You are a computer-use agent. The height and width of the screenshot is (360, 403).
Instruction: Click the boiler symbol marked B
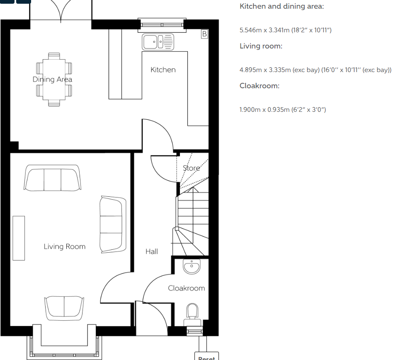click(204, 34)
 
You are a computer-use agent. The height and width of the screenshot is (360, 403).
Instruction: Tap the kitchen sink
click(158, 42)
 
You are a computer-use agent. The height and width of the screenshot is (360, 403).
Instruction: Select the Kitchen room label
click(163, 70)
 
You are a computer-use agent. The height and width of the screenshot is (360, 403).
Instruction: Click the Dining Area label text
click(52, 80)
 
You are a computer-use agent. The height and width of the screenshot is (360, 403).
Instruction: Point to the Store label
click(192, 168)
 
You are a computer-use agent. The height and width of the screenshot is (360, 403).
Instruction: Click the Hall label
click(152, 251)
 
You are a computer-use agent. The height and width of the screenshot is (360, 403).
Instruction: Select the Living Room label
click(65, 246)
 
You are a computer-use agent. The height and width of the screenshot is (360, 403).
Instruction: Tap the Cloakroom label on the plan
click(186, 288)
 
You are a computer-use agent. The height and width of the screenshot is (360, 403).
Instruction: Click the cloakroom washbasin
click(192, 266)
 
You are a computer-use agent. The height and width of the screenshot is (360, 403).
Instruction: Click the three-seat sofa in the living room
click(52, 178)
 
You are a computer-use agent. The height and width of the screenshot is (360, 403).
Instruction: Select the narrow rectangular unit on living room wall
click(19, 238)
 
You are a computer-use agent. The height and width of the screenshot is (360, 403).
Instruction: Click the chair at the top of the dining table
click(54, 56)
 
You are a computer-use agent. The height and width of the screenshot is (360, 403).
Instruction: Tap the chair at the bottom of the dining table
click(54, 103)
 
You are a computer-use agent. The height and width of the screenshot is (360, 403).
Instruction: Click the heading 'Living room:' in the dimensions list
click(261, 46)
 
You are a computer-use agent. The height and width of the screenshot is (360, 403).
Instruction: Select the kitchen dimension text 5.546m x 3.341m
click(286, 30)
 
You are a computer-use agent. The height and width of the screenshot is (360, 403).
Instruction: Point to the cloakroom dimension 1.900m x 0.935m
click(283, 110)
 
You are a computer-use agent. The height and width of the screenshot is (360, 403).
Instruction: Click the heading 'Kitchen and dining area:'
click(282, 6)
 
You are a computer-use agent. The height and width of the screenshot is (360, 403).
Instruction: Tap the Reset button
click(206, 356)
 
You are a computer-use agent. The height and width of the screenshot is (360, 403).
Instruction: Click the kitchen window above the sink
click(162, 25)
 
